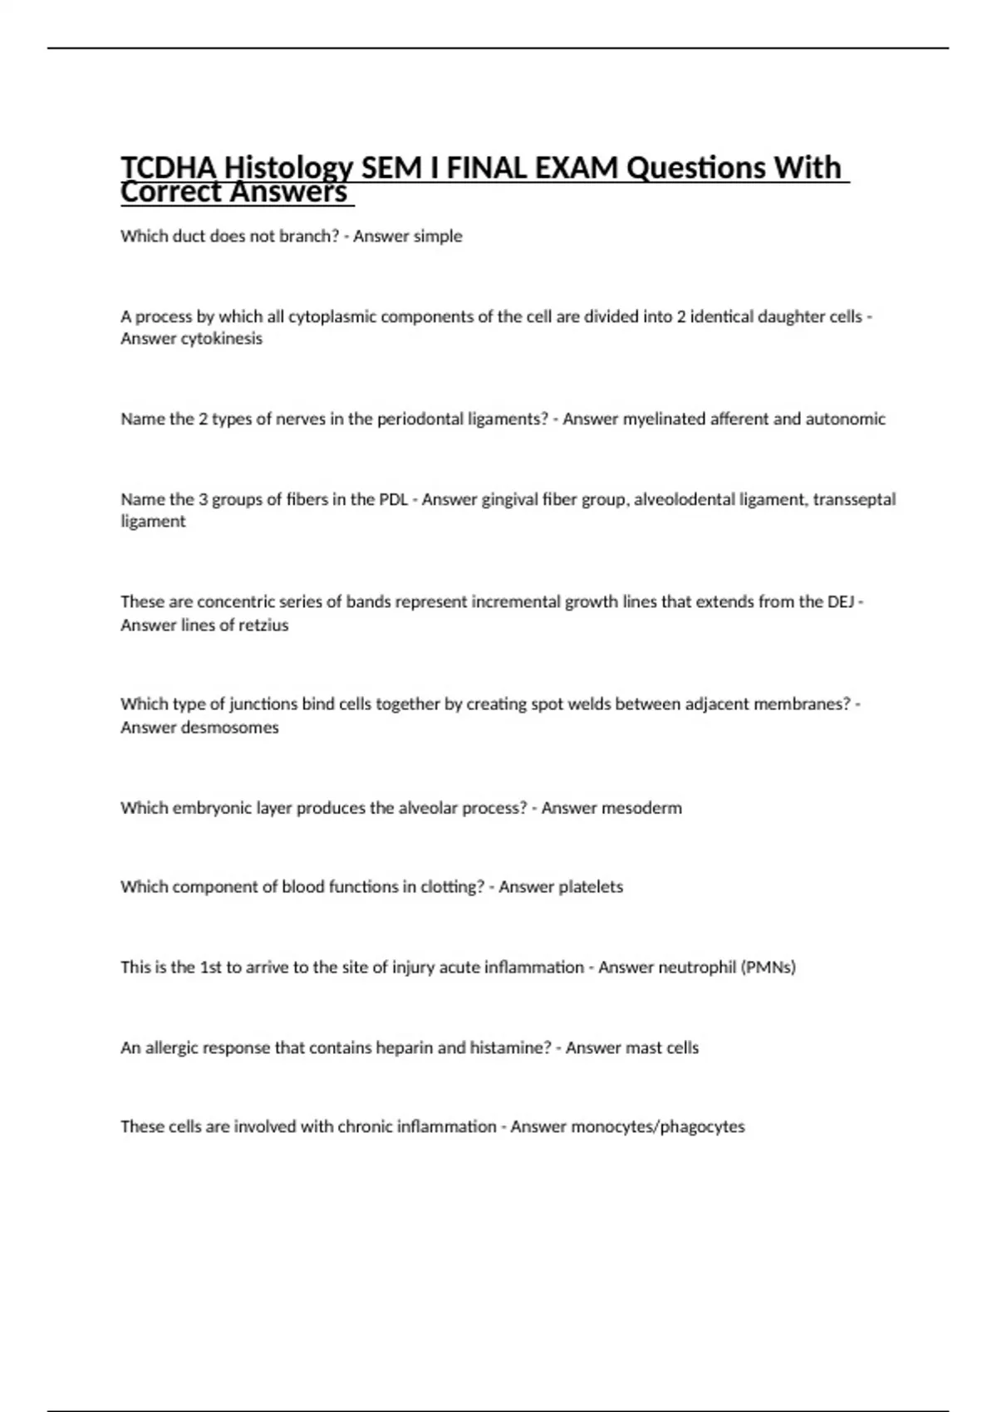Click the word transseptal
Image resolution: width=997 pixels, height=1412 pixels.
pos(854,499)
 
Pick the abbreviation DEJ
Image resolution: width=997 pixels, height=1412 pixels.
pos(841,601)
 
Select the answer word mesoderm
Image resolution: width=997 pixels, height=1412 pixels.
pos(641,807)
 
